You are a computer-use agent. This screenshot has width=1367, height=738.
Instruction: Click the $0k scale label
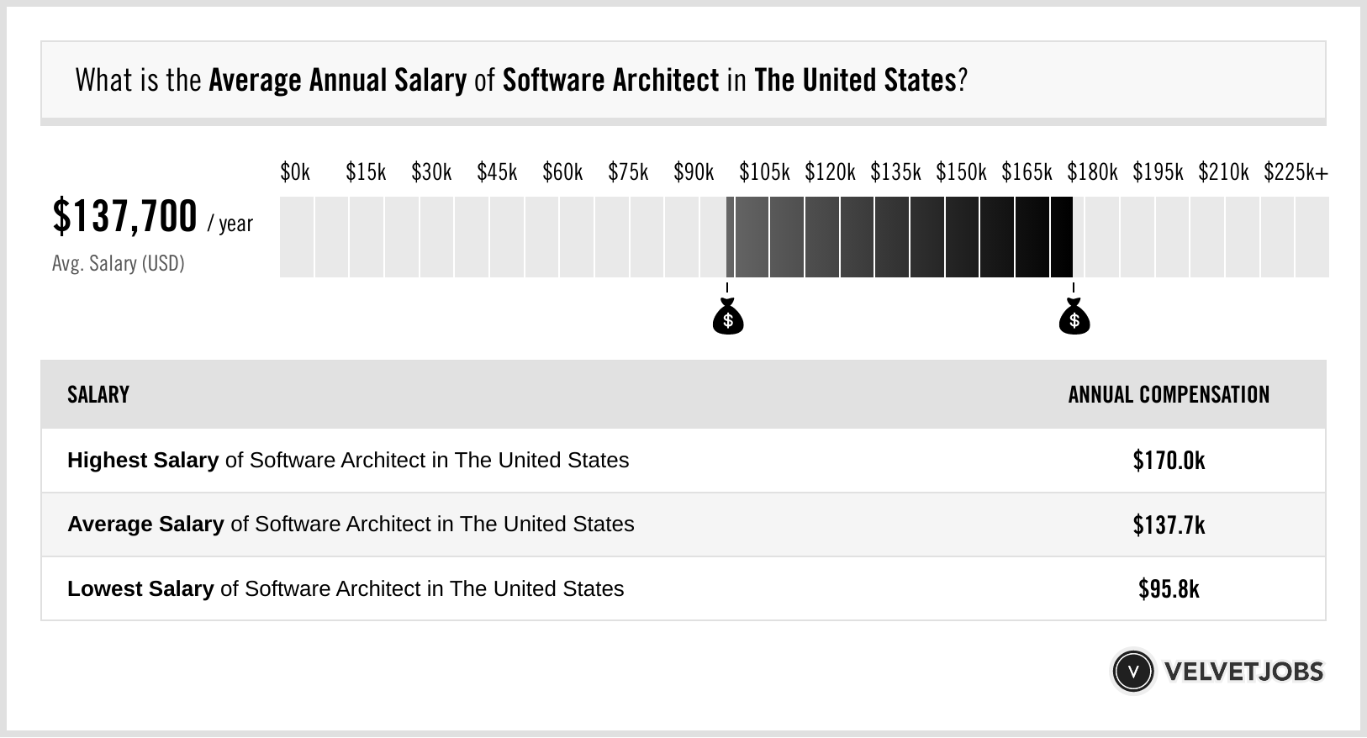pos(295,172)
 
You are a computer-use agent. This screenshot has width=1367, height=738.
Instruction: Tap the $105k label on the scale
pos(764,172)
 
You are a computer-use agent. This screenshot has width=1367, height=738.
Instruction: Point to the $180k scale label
pos(1092,172)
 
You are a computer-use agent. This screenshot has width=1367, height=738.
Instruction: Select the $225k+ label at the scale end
pos(1296,172)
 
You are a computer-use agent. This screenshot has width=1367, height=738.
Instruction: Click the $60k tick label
pos(562,172)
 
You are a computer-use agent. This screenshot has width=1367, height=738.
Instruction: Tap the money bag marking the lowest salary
pos(728,318)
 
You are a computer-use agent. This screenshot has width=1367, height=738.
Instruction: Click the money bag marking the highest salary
pos(1074,318)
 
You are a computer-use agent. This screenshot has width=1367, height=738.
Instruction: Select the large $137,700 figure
pos(124,216)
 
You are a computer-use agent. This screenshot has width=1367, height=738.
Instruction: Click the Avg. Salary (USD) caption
pos(119,264)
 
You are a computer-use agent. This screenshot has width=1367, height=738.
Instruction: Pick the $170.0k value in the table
pos(1169,461)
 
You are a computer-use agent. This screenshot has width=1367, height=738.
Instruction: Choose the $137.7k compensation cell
pos(1169,525)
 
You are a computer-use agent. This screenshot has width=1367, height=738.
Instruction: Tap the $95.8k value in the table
pos(1169,589)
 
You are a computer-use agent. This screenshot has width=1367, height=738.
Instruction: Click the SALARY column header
pos(98,395)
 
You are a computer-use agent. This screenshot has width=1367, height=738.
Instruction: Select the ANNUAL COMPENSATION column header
pos(1169,395)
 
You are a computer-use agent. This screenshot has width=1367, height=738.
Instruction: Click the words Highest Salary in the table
pos(143,461)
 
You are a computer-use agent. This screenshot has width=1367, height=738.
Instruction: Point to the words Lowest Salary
pos(140,589)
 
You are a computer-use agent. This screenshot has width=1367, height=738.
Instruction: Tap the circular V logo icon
pos(1132,672)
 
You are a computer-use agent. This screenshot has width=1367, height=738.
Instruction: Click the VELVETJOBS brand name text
pos(1243,672)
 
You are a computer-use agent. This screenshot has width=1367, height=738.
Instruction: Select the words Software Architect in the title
pos(610,81)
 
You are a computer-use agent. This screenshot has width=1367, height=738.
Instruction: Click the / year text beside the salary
pos(230,224)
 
